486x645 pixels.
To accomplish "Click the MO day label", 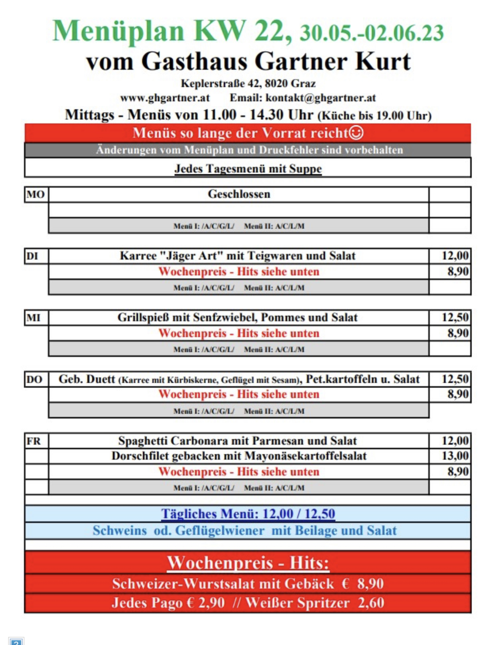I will [35, 194].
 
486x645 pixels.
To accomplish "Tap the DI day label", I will [32, 256].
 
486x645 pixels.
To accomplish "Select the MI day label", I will [33, 318].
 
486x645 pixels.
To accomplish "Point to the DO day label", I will [34, 379].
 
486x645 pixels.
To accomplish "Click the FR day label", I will [33, 441].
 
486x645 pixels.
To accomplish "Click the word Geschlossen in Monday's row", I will [239, 194].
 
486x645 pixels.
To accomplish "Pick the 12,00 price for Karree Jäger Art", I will [455, 255].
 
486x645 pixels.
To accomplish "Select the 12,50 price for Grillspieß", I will [455, 317].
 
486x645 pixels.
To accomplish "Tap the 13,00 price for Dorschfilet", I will [455, 456].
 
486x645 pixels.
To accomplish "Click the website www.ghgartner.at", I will [165, 98].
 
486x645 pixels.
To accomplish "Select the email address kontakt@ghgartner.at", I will [321, 98].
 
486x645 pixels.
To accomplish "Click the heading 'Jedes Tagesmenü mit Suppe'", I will [248, 168].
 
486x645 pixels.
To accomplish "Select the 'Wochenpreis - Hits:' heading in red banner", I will [248, 563].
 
